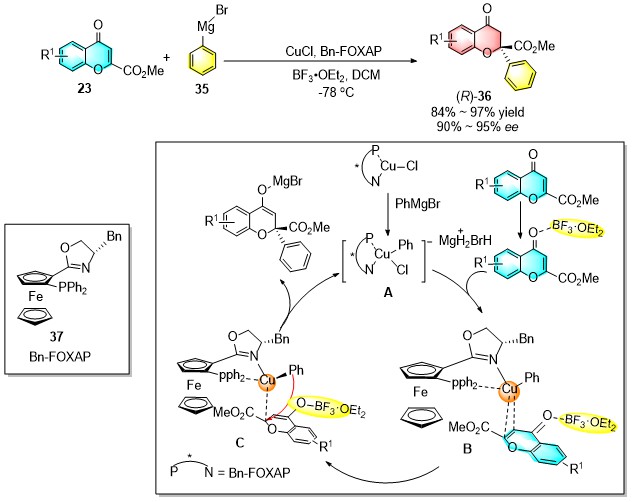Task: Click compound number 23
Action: (84, 88)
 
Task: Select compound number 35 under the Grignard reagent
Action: (202, 89)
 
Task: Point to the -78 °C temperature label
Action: (336, 93)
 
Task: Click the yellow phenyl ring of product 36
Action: (521, 76)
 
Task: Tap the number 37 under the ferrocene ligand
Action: (56, 335)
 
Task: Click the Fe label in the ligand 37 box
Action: (35, 297)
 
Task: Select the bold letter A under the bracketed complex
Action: (388, 293)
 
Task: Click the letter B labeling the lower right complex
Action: (467, 448)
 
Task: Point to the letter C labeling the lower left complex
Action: (239, 443)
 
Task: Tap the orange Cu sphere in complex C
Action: (266, 380)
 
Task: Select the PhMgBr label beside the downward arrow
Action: (418, 204)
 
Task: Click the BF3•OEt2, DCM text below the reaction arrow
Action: (336, 75)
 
